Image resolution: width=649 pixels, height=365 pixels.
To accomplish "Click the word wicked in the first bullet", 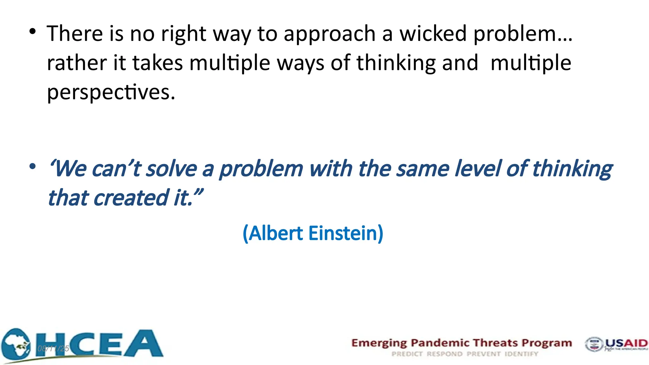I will click(433, 34).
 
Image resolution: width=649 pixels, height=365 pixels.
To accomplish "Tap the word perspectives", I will click(111, 92).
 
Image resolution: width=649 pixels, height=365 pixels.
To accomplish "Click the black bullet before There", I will click(32, 32).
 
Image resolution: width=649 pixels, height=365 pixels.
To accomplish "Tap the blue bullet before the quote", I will click(32, 166).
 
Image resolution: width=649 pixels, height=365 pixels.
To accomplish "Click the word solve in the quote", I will click(171, 169).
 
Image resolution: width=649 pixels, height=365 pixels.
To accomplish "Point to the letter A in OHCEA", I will click(143, 344).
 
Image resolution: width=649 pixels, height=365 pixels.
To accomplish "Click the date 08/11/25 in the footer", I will click(53, 349).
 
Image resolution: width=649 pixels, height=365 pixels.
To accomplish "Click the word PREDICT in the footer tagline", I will click(407, 354).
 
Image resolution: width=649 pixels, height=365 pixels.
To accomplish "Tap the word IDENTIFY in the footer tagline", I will click(521, 354).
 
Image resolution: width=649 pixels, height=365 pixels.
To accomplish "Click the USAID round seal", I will click(594, 344).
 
